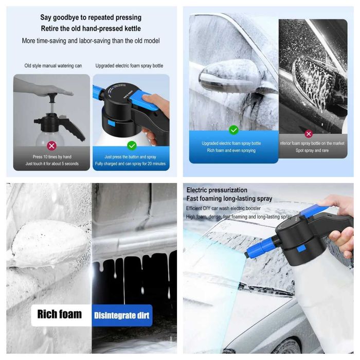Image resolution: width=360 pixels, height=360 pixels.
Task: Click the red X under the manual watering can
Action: [x=51, y=146]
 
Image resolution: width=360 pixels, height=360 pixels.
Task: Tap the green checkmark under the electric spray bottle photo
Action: [x=132, y=146]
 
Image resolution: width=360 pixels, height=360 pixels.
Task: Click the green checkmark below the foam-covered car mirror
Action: [x=233, y=130]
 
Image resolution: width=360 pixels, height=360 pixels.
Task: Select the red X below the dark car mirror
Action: [x=309, y=134]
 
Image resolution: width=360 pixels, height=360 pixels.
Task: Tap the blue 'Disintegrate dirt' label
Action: [x=122, y=315]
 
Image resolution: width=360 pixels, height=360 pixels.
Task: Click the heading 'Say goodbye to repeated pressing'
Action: [x=91, y=17]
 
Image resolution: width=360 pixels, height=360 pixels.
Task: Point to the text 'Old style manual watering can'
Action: [x=53, y=66]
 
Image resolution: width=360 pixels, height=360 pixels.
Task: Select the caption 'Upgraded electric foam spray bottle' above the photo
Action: [x=129, y=66]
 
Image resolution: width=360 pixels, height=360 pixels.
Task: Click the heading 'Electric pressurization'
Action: [x=217, y=190]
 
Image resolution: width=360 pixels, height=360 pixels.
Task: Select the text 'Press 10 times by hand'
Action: [x=52, y=157]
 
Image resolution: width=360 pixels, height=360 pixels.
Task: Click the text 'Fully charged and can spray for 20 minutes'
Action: [x=131, y=164]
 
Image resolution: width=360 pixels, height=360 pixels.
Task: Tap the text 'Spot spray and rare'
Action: [x=312, y=151]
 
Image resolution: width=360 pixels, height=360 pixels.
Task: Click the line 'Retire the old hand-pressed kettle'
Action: [x=91, y=29]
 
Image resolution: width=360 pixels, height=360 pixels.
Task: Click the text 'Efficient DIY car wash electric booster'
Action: [x=223, y=208]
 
